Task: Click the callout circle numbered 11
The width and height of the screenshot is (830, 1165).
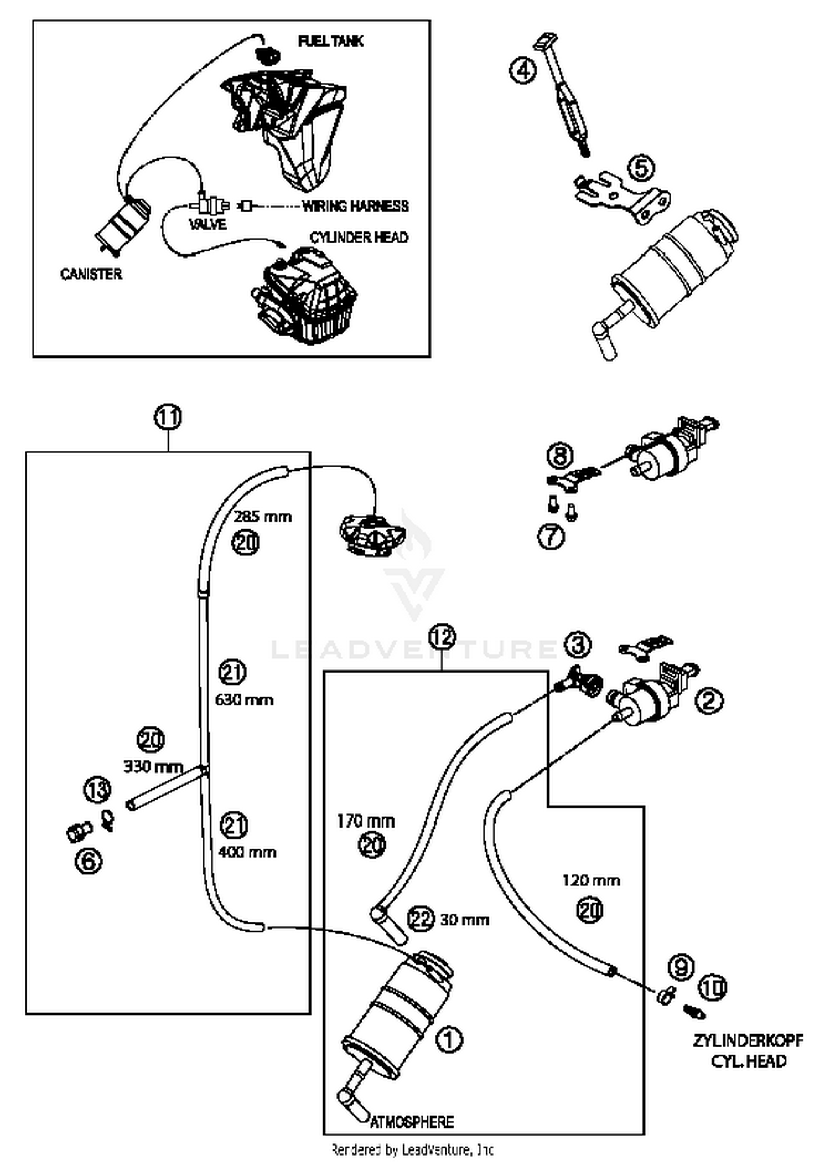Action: click(x=168, y=417)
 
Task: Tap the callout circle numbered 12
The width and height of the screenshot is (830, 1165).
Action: click(x=442, y=637)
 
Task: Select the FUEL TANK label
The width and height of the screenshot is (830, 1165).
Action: click(x=330, y=41)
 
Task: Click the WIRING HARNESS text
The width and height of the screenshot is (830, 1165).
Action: click(x=355, y=206)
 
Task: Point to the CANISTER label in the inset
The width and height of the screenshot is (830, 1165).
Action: click(x=91, y=274)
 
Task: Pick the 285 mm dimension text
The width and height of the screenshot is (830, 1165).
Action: click(x=262, y=517)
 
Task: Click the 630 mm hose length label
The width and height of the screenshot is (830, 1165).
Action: click(x=244, y=700)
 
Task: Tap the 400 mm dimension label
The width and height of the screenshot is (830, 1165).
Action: click(x=247, y=852)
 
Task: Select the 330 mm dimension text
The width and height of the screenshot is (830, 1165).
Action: click(x=153, y=766)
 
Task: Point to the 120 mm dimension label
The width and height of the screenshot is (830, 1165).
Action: click(x=591, y=880)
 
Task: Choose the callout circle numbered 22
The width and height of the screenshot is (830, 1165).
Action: click(x=421, y=919)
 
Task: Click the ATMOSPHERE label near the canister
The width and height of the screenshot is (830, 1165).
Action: click(x=412, y=1122)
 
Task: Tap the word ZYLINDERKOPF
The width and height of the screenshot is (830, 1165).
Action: click(x=748, y=1040)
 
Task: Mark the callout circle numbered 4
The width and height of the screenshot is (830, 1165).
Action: click(x=522, y=71)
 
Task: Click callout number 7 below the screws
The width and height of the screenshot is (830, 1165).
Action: click(x=551, y=537)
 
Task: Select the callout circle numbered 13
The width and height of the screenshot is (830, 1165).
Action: click(x=97, y=790)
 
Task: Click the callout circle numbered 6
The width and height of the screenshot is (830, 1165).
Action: click(x=89, y=861)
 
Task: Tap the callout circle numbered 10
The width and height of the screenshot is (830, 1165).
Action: click(x=713, y=988)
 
